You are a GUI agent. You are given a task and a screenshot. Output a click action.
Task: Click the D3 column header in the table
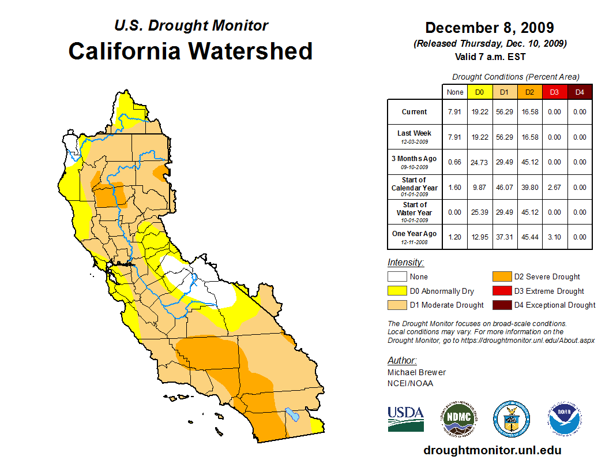point(554,92)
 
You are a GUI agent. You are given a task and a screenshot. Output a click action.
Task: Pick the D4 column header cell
point(580,92)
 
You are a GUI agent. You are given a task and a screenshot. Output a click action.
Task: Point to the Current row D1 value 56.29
point(505,112)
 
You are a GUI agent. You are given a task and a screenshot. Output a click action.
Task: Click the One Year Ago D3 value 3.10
point(554,237)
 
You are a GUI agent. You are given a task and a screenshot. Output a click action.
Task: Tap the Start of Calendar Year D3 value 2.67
point(554,187)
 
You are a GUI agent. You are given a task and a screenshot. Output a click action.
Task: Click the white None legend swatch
point(397,277)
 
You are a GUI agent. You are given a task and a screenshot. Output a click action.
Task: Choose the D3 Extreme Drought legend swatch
point(501,291)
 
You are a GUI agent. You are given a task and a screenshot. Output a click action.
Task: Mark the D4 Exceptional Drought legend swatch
point(501,305)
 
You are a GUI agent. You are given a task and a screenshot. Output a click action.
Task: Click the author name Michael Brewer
point(416,372)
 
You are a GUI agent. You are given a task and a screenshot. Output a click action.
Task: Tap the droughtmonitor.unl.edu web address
point(492,450)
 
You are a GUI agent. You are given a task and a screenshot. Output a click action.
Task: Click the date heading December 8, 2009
point(490,28)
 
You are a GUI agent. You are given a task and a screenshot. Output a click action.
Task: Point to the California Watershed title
point(190,51)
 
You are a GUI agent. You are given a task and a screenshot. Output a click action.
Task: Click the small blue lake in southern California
point(291,414)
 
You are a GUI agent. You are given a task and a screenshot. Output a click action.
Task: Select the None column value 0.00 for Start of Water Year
point(455,212)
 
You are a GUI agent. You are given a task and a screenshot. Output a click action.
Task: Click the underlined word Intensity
point(405,262)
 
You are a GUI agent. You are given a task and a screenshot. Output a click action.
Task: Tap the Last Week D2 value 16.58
point(529,137)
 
